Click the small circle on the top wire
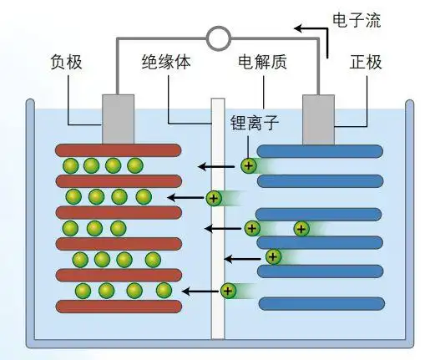tap(218, 37)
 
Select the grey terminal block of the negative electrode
tap(118, 119)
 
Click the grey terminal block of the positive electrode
tap(318, 119)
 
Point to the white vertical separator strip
tap(218, 217)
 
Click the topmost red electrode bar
tap(119, 150)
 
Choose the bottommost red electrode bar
tap(119, 306)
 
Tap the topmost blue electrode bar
tap(320, 151)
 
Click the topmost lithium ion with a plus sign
tap(248, 165)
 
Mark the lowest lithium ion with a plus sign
tap(227, 291)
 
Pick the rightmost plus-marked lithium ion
tap(301, 228)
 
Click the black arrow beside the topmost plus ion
tap(217, 166)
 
